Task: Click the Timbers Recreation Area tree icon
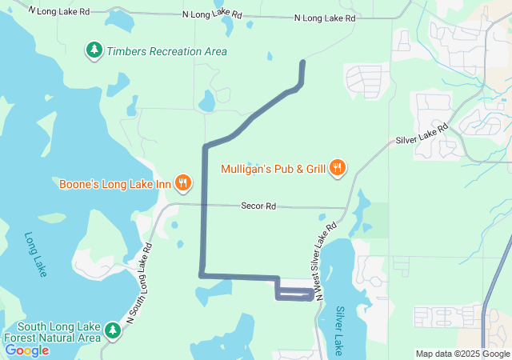click(x=94, y=51)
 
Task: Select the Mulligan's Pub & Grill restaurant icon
click(x=338, y=168)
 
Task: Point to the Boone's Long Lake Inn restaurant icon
click(x=183, y=183)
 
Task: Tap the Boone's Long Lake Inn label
click(x=115, y=184)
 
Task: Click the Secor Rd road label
click(x=258, y=206)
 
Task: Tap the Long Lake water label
click(x=35, y=255)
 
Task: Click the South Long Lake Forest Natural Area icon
click(x=112, y=330)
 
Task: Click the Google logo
click(x=27, y=350)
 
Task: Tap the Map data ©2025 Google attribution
click(x=462, y=354)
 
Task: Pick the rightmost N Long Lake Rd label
click(x=325, y=18)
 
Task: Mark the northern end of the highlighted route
click(x=302, y=62)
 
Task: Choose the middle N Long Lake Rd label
click(x=213, y=14)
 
